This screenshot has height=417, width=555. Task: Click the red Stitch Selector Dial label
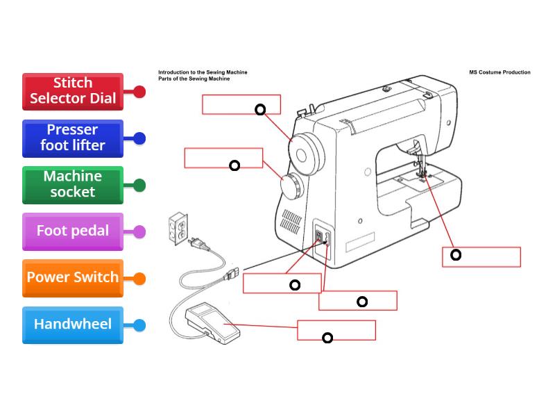[x=72, y=91]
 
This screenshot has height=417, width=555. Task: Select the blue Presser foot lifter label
[x=72, y=138]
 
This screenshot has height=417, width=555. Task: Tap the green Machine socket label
[x=72, y=184]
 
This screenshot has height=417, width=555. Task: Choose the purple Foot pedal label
[x=72, y=231]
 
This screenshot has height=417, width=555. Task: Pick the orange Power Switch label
[x=72, y=277]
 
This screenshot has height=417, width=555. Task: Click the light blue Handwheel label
[x=72, y=325]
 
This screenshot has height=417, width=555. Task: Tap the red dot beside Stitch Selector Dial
[x=139, y=92]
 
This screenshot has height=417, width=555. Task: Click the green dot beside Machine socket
[x=139, y=185]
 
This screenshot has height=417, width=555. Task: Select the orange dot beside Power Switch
[x=139, y=279]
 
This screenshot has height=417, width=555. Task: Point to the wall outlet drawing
[x=178, y=228]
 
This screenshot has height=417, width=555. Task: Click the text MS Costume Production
[x=499, y=72]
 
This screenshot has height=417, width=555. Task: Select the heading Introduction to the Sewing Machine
[x=203, y=72]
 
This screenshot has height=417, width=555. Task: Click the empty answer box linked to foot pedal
[x=336, y=330]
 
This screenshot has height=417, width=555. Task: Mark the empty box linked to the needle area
[x=481, y=256]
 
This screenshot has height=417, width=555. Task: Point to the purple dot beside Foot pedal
[x=139, y=232]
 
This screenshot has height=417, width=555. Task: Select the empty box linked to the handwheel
[x=241, y=104]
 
